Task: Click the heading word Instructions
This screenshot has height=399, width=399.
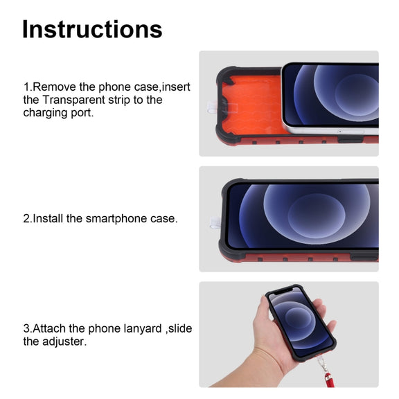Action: click(92, 29)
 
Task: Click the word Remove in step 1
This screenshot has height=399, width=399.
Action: click(55, 87)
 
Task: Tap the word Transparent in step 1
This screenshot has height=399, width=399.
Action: click(73, 100)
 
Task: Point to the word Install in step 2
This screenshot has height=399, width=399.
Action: click(48, 219)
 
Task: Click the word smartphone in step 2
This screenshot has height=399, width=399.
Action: click(116, 219)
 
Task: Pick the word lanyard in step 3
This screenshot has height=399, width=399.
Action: click(143, 329)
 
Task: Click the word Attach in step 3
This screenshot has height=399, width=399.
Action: click(49, 328)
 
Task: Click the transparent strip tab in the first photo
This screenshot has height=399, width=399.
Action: click(213, 107)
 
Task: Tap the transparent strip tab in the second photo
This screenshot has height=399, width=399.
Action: click(215, 223)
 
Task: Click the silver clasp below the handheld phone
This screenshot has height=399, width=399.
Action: click(322, 364)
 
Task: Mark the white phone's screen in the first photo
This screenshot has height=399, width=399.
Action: click(331, 95)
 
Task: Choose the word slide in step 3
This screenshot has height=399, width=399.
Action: click(180, 328)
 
